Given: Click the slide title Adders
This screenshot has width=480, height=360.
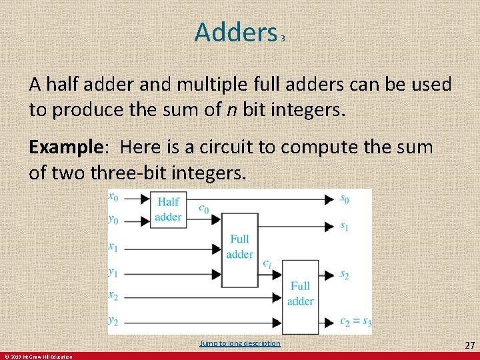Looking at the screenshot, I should (235, 31).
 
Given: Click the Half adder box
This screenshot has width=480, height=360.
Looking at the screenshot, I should (168, 209).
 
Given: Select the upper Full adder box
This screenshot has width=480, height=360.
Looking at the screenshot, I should (239, 246).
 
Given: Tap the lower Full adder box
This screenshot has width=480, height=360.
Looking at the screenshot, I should (300, 293).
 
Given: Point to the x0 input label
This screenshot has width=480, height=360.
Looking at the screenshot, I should (114, 197).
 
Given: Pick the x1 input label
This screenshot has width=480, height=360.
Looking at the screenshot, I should (114, 247).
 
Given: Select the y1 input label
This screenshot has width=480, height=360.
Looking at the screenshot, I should (114, 272).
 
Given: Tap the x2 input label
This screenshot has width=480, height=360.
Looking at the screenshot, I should (114, 295).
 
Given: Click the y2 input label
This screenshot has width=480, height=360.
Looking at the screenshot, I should (114, 321).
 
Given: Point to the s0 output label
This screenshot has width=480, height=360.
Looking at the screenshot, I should (344, 198).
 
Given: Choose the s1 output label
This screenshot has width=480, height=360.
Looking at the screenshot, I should (344, 226).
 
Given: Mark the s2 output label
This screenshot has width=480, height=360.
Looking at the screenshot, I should (344, 274).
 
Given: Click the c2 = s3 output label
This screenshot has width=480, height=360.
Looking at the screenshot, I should (355, 322).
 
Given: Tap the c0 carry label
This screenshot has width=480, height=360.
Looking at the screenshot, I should (203, 209).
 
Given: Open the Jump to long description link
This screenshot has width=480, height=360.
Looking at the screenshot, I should (240, 343).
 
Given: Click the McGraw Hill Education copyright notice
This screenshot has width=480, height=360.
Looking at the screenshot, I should (37, 357).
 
